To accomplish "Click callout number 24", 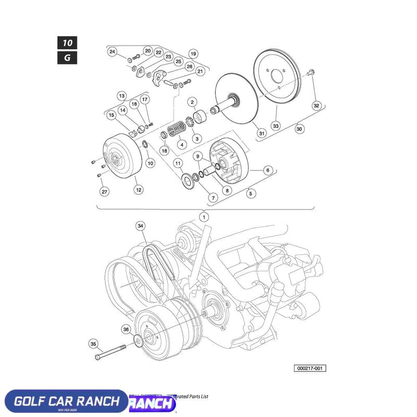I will click(112, 52).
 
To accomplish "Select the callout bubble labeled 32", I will click(316, 106).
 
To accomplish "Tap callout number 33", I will click(276, 126).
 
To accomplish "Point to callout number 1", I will click(204, 216).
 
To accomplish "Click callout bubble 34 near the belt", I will click(140, 226).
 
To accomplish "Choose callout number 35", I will click(94, 344).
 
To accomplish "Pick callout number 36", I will click(126, 329).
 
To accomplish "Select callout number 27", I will click(105, 192).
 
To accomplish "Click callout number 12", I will click(139, 190).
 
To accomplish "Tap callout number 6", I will click(267, 170).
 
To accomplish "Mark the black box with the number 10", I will click(67, 42).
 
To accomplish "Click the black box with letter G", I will click(67, 57).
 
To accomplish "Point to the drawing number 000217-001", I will click(311, 369).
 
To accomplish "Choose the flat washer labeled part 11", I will click(186, 181).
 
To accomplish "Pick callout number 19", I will click(193, 54).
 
